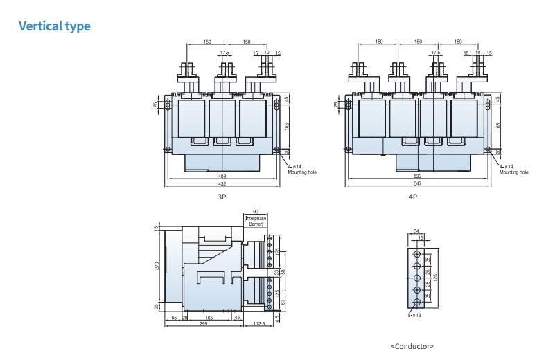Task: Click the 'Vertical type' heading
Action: [54, 26]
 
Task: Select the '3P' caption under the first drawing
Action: [222, 197]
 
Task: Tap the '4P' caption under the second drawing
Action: [413, 197]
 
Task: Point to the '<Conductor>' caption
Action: [412, 345]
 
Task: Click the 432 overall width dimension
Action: [222, 183]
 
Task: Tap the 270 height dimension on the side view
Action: [157, 267]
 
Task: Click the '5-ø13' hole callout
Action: [415, 315]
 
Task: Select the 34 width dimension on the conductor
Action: [416, 231]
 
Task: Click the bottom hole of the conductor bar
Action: [416, 303]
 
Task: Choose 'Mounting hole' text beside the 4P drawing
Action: [513, 172]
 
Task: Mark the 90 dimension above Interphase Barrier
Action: [256, 211]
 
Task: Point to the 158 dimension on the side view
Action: [283, 272]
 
